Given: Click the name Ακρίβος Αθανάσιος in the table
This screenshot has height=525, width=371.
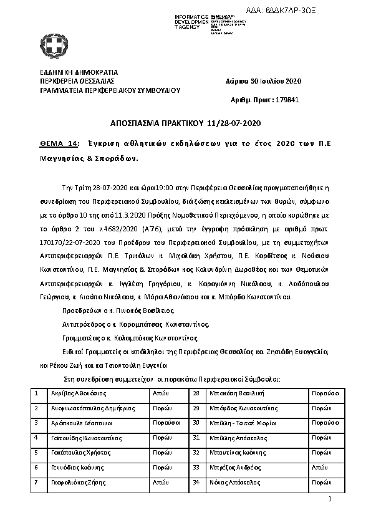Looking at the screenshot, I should (x=71, y=394).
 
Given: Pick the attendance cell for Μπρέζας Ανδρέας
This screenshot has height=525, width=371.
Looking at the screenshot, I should (x=319, y=466).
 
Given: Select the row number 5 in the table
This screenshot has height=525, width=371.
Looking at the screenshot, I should (x=38, y=452).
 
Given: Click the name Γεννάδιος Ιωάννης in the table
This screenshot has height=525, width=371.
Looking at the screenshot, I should (x=69, y=466).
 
